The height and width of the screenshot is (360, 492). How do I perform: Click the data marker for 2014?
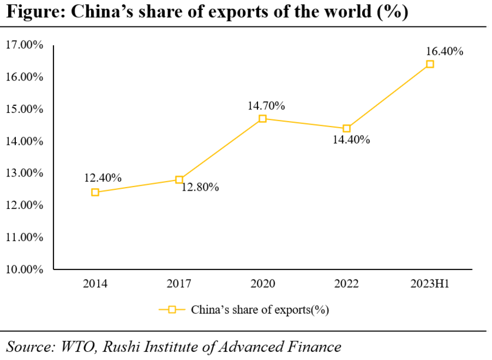point(95,192)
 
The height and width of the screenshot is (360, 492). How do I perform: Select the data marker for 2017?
point(179,179)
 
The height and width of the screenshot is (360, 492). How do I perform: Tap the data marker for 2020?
point(263,119)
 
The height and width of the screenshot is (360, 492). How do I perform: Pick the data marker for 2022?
point(346,128)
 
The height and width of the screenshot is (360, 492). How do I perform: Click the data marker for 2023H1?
point(430,64)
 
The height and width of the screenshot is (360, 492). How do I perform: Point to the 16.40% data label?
point(445,51)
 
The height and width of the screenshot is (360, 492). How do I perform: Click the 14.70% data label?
point(266,106)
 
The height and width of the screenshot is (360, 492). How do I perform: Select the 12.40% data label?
point(103,178)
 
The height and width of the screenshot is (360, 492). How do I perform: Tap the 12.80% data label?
point(200,187)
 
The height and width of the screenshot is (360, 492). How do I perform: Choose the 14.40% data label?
point(351,140)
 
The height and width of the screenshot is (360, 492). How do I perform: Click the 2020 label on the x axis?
point(263,284)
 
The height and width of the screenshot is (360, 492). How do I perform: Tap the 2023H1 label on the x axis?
point(430,284)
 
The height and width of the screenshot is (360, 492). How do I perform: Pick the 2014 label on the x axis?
point(95,284)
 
